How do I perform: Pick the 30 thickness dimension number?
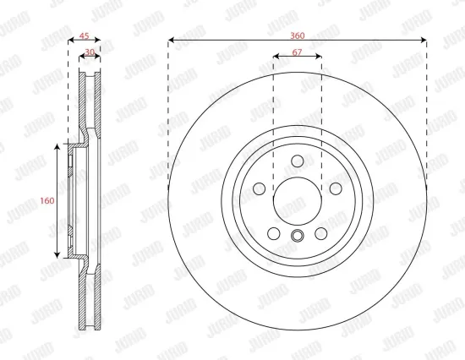(90, 52)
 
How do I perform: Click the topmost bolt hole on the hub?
(297, 161)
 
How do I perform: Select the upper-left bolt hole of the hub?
(260, 188)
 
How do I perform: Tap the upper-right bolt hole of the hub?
(335, 188)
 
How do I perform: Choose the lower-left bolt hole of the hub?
(273, 232)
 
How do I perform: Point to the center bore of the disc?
(297, 201)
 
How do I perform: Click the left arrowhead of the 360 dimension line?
(172, 40)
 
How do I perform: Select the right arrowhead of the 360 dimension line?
(422, 40)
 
